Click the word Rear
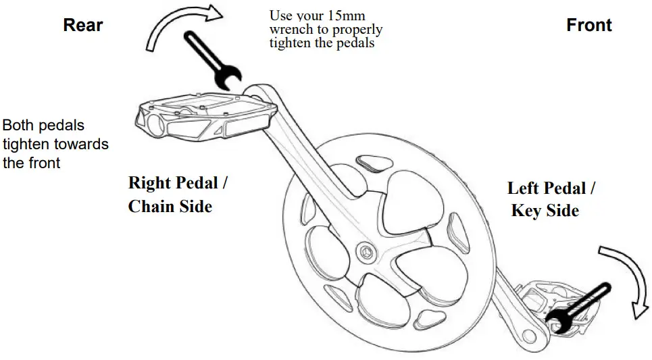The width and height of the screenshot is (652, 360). (83, 26)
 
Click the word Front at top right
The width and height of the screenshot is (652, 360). (588, 26)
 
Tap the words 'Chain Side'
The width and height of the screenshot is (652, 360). (170, 206)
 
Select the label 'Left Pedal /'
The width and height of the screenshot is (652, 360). (551, 188)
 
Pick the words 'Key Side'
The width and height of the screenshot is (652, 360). (545, 211)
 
